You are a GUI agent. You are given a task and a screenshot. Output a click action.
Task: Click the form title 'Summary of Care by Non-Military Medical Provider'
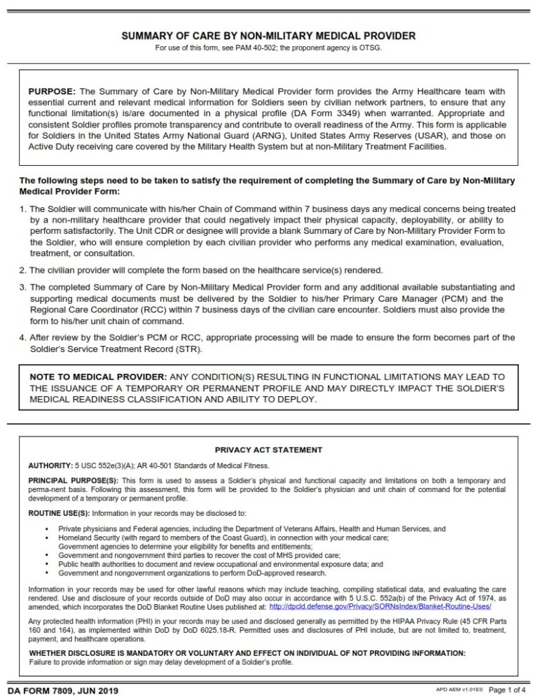[269, 36]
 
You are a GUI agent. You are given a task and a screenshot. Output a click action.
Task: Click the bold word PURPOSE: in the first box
[53, 92]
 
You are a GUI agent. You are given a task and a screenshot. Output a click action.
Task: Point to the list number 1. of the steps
[23, 209]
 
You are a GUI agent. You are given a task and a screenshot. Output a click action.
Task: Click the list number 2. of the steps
[23, 270]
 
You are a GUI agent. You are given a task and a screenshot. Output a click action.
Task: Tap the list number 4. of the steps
[23, 338]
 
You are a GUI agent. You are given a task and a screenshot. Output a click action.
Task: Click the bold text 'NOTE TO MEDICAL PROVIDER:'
[98, 377]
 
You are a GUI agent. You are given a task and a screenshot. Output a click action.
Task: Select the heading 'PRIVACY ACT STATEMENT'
[268, 450]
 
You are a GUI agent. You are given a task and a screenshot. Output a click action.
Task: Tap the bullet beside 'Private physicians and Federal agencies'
[46, 529]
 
